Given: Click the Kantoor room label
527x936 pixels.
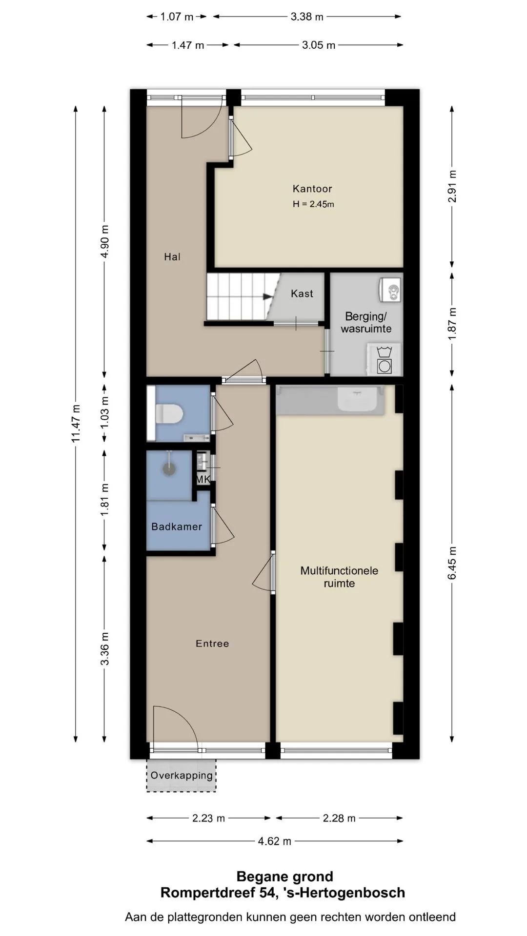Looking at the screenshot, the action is (x=312, y=189).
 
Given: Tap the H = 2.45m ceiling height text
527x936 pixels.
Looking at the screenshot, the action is (x=313, y=204).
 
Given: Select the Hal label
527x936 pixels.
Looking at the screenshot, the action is (x=172, y=257).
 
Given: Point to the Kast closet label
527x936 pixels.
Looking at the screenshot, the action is (x=302, y=293).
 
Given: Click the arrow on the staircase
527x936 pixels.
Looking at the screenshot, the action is (x=268, y=296).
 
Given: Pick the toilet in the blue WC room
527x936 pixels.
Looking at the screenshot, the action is (x=169, y=414).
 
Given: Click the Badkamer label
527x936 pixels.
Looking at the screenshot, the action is (x=177, y=526).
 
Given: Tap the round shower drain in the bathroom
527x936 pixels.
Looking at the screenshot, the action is (x=169, y=468).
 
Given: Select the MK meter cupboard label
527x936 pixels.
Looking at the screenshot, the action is (x=203, y=480).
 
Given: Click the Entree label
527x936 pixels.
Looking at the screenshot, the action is (x=212, y=643).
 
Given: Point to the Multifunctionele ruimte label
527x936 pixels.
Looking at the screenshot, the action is (x=339, y=577).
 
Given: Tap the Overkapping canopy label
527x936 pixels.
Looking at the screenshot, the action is (x=182, y=775).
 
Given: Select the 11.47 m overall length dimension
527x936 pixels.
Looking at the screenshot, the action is (x=76, y=424).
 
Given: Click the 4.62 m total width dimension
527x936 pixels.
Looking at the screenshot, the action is (x=275, y=841).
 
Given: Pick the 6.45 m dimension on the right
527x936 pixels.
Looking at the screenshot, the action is (x=452, y=563).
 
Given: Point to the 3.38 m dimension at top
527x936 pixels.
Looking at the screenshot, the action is (x=307, y=17).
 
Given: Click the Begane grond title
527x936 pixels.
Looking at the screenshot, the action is (x=285, y=877).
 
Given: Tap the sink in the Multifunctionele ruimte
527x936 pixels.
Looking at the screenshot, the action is (x=359, y=400).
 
